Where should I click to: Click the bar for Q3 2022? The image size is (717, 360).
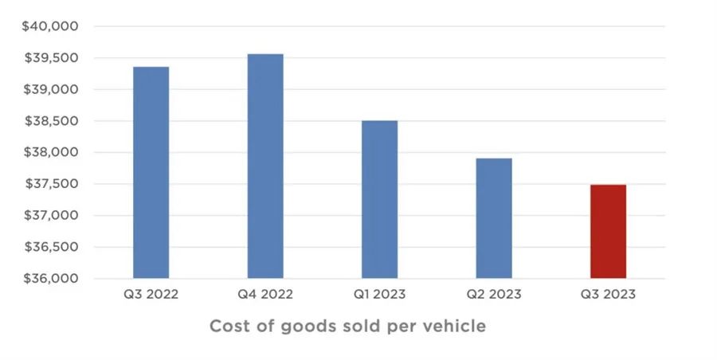[151, 172]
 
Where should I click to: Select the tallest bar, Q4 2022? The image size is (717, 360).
[265, 166]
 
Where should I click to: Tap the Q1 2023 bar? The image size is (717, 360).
[379, 199]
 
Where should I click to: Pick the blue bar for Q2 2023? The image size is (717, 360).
[494, 217]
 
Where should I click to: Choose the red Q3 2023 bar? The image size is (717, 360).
[608, 231]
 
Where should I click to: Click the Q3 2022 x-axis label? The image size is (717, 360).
[151, 295]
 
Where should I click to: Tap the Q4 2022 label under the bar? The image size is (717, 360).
[265, 295]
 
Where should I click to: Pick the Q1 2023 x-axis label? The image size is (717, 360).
[379, 295]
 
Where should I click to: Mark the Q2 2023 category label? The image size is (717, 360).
[494, 295]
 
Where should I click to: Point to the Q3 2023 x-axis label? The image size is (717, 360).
[608, 295]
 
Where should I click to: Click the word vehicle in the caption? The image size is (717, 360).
[455, 327]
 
